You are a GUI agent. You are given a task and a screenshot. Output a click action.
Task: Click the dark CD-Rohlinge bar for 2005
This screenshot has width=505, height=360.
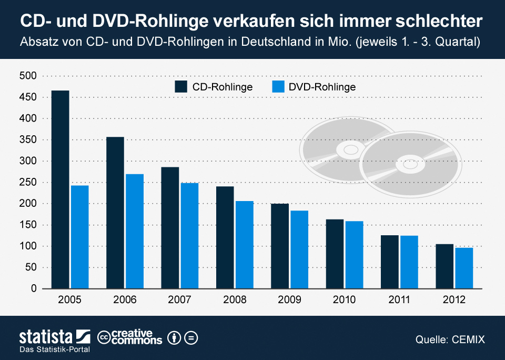(x=60, y=189)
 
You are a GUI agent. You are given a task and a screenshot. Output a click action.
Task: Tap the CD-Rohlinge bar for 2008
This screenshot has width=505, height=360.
(x=225, y=237)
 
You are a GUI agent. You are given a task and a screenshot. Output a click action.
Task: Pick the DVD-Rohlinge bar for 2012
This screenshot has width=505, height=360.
(x=464, y=268)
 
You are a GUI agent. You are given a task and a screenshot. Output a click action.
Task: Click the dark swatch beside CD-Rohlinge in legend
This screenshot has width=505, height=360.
(x=181, y=87)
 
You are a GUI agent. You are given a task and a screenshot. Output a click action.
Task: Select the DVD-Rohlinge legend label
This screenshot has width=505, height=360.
(x=322, y=87)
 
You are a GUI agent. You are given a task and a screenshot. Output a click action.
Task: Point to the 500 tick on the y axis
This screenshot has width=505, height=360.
(x=28, y=76)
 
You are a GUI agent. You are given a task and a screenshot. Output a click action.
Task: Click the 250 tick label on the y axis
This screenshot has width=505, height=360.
(x=28, y=183)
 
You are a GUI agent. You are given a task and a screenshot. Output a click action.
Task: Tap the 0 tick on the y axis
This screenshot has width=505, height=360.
(x=33, y=289)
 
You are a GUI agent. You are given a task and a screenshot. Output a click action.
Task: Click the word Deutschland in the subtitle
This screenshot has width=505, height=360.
(x=271, y=42)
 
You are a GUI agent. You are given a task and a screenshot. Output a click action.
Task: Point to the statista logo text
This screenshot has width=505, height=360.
(x=46, y=337)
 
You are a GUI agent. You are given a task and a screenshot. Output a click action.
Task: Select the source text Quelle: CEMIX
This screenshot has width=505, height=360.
(x=450, y=340)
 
